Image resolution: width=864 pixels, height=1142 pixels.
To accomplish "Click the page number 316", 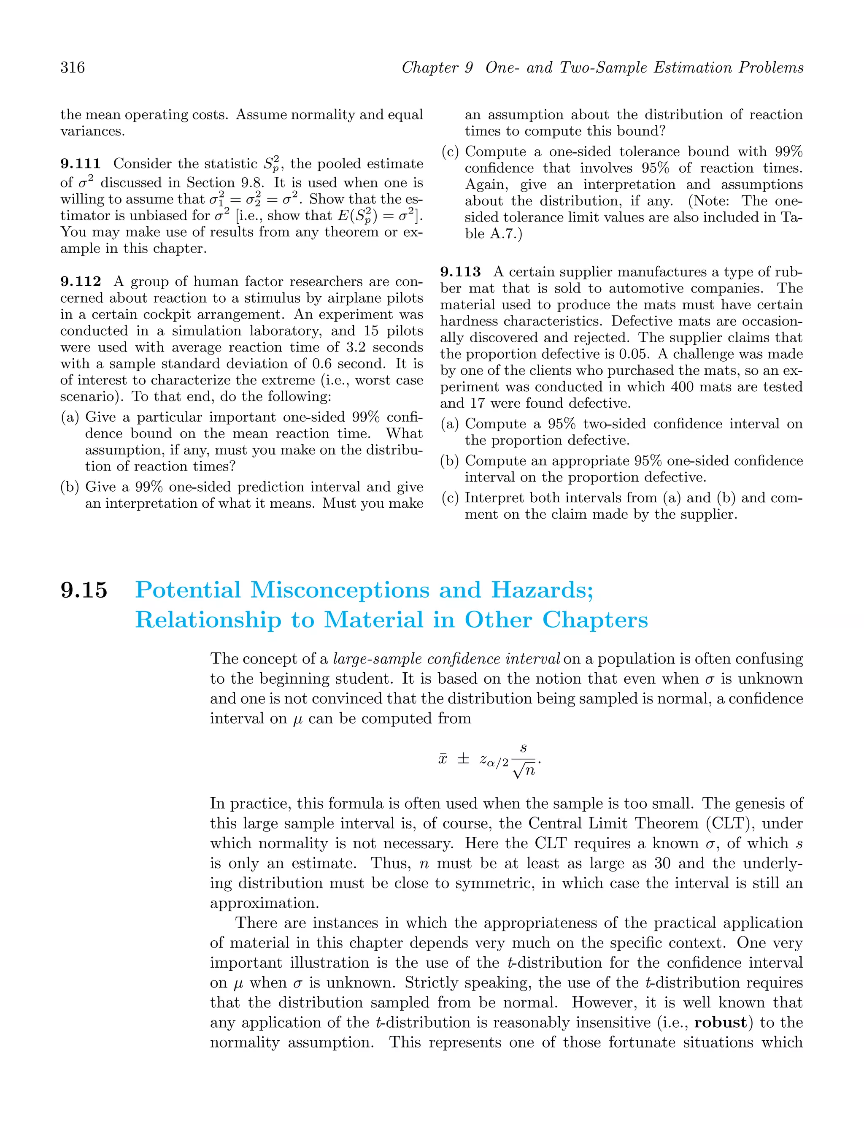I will tap(72, 68).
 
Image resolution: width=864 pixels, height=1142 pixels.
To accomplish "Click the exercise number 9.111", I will tap(81, 164).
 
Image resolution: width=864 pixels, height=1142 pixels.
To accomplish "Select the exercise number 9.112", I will tap(81, 282).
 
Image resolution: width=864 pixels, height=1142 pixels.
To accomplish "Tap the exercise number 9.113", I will tap(460, 272).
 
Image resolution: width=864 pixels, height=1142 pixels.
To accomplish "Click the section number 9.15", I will tap(84, 590).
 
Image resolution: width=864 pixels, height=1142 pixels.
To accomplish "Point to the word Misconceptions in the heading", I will tap(340, 590).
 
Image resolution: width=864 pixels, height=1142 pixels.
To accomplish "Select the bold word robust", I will tap(721, 1023).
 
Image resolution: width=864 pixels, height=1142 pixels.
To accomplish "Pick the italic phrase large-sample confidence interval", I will tap(446, 659).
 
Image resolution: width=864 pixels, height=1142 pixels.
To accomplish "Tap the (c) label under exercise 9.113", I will tap(450, 498).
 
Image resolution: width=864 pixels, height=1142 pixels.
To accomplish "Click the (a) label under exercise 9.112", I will tap(70, 417).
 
